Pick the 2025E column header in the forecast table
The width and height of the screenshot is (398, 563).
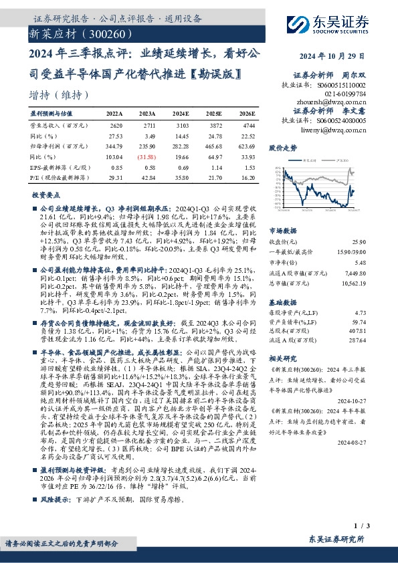[x=213, y=114]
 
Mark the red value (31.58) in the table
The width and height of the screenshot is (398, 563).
[x=148, y=156]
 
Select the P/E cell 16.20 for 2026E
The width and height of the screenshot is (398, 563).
[x=246, y=179]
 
